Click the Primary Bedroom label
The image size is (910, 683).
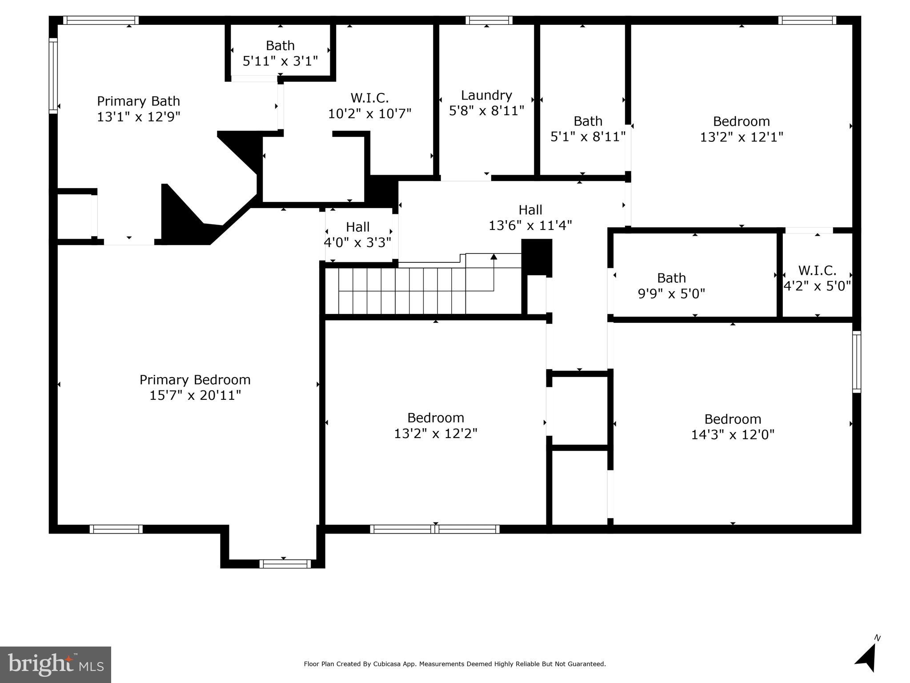click(195, 379)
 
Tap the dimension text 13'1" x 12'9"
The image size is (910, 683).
click(139, 117)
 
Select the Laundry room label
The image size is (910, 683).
click(486, 95)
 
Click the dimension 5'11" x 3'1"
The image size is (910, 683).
click(280, 61)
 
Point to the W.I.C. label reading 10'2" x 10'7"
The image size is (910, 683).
click(369, 97)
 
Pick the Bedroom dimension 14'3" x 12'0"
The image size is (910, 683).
click(733, 434)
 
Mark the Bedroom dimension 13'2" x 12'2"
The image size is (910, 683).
click(436, 433)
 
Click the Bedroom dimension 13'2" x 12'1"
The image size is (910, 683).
click(742, 137)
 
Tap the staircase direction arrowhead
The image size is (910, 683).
click(493, 257)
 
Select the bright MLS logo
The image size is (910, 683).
click(56, 664)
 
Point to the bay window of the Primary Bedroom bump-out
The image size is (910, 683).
click(285, 564)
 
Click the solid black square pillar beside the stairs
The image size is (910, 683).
click(537, 257)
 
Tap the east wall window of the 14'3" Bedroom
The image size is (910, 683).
click(856, 362)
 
